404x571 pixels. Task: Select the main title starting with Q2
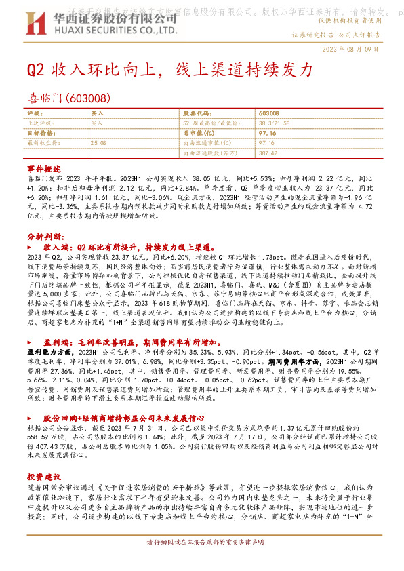pos(169,70)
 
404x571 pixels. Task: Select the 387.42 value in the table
pos(268,153)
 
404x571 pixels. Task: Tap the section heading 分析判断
pos(45,237)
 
